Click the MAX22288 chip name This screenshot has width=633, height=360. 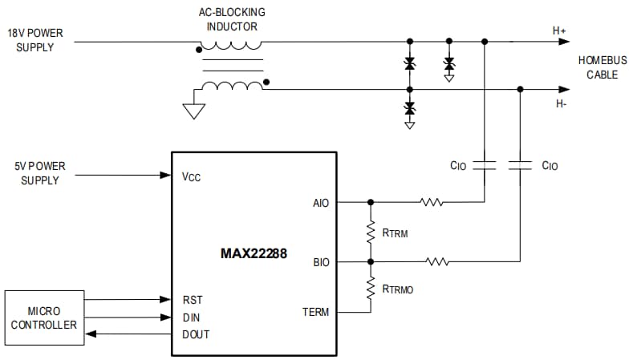pyautogui.click(x=253, y=254)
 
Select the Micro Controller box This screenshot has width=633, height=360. pyautogui.click(x=45, y=318)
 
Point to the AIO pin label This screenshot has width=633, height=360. pyautogui.click(x=319, y=203)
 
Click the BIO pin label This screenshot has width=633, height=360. pyautogui.click(x=319, y=262)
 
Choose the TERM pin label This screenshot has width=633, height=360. pyautogui.click(x=315, y=312)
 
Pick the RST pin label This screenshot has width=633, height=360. pyautogui.click(x=193, y=300)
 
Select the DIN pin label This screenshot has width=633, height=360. pyautogui.click(x=192, y=318)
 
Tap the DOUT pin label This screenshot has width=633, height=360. pyautogui.click(x=196, y=334)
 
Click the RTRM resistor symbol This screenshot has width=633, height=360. pyautogui.click(x=371, y=233)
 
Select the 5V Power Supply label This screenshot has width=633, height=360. pyautogui.click(x=37, y=173)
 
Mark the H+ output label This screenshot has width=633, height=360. pyautogui.click(x=559, y=30)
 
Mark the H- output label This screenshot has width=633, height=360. pyautogui.click(x=559, y=103)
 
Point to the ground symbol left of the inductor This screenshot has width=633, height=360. pyautogui.click(x=193, y=111)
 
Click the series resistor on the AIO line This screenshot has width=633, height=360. pyautogui.click(x=431, y=203)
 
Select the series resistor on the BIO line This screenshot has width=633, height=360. pyautogui.click(x=437, y=261)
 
